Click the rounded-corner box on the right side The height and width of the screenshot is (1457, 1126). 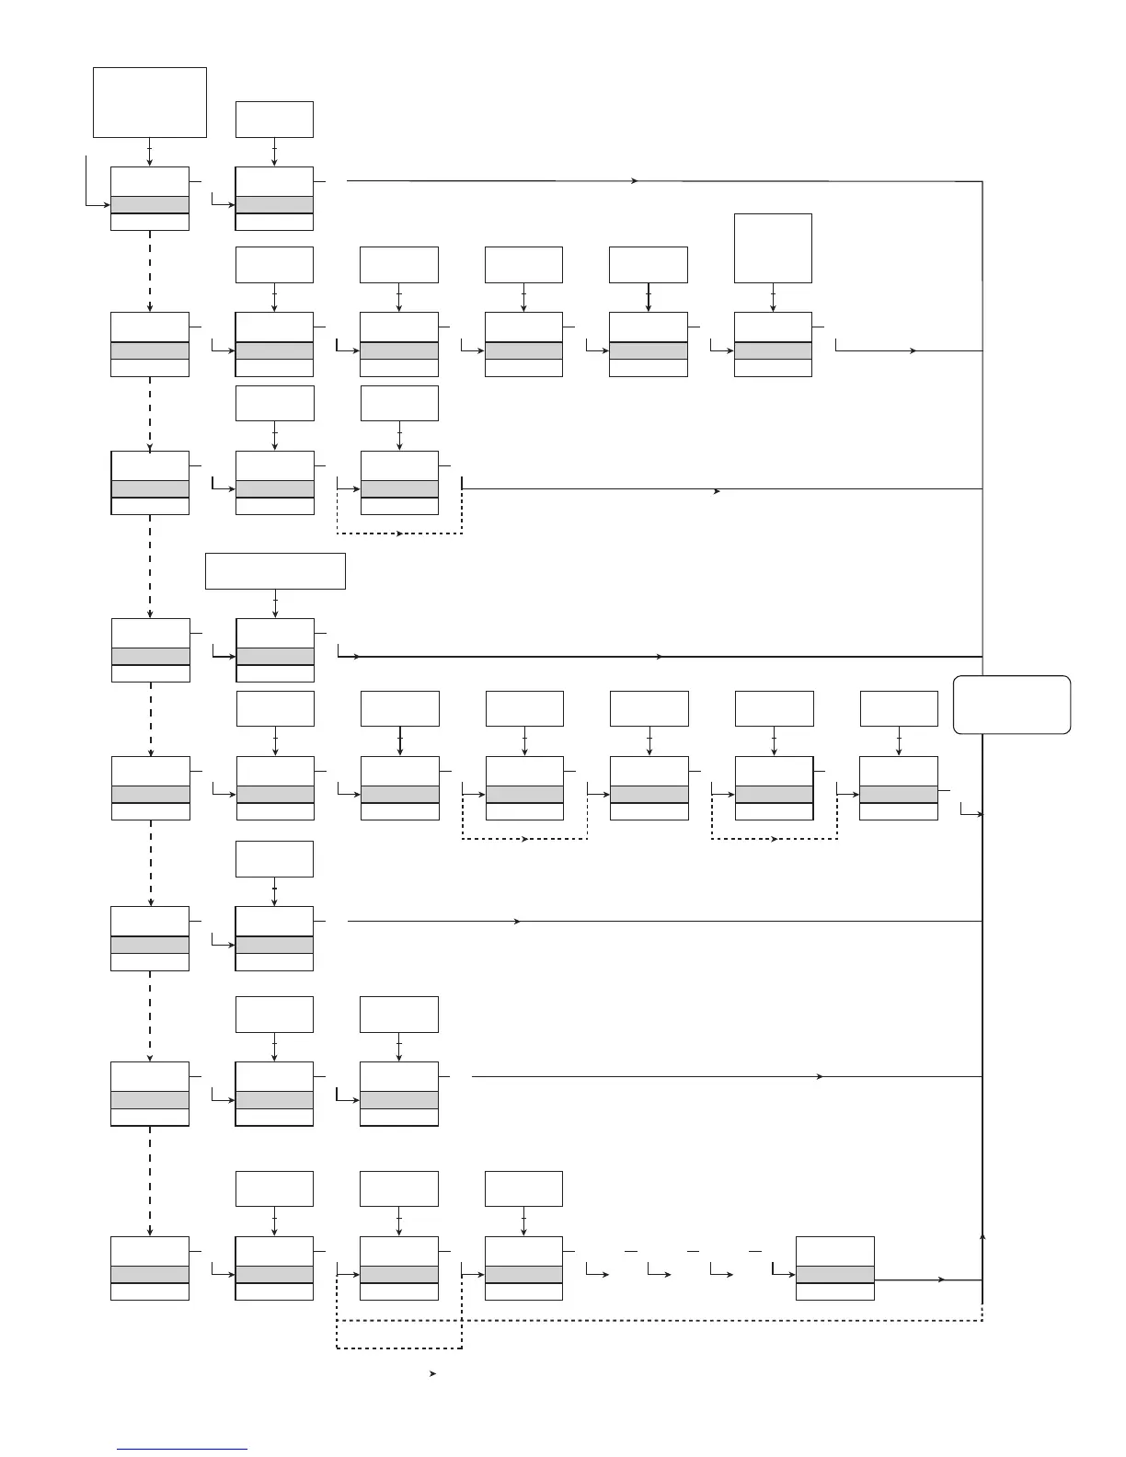pos(1012,705)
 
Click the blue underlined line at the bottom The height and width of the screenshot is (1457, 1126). pos(182,1449)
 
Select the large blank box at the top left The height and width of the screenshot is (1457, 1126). pos(150,102)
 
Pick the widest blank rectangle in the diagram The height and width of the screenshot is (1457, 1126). pos(275,570)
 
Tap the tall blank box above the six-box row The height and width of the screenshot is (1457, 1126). pos(773,248)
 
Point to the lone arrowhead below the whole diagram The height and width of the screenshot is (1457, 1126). pos(432,1374)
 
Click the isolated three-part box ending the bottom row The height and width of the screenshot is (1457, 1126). pos(834,1268)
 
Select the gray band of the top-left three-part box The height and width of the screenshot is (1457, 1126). pos(150,204)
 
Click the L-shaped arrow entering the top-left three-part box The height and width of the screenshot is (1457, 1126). pos(92,193)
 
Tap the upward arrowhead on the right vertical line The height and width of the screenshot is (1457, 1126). pos(983,1236)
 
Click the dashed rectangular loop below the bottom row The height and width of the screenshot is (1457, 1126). pos(399,1334)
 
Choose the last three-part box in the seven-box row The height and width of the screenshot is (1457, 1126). pos(899,788)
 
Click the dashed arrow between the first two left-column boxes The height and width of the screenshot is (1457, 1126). pos(150,271)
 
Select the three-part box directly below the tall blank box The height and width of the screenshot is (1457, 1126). pos(773,345)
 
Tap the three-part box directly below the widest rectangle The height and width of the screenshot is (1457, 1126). pos(275,650)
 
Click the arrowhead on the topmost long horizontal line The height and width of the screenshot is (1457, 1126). pos(635,181)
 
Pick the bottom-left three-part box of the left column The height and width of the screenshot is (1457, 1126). pos(150,1268)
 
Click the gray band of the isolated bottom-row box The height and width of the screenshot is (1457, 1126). pos(834,1274)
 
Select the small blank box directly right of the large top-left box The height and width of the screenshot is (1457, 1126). pos(274,120)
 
